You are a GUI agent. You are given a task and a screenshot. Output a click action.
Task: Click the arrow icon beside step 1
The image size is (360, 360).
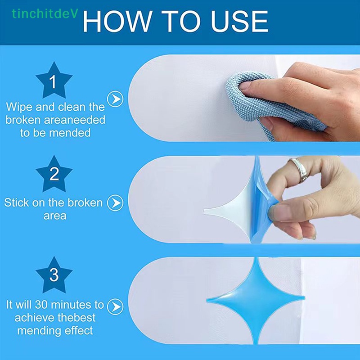point(116,99)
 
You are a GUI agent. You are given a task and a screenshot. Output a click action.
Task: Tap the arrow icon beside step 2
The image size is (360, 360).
point(116,202)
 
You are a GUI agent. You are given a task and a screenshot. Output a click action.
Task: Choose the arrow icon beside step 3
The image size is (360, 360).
point(116,307)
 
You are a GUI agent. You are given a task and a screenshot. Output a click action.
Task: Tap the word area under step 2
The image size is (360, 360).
point(54,216)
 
